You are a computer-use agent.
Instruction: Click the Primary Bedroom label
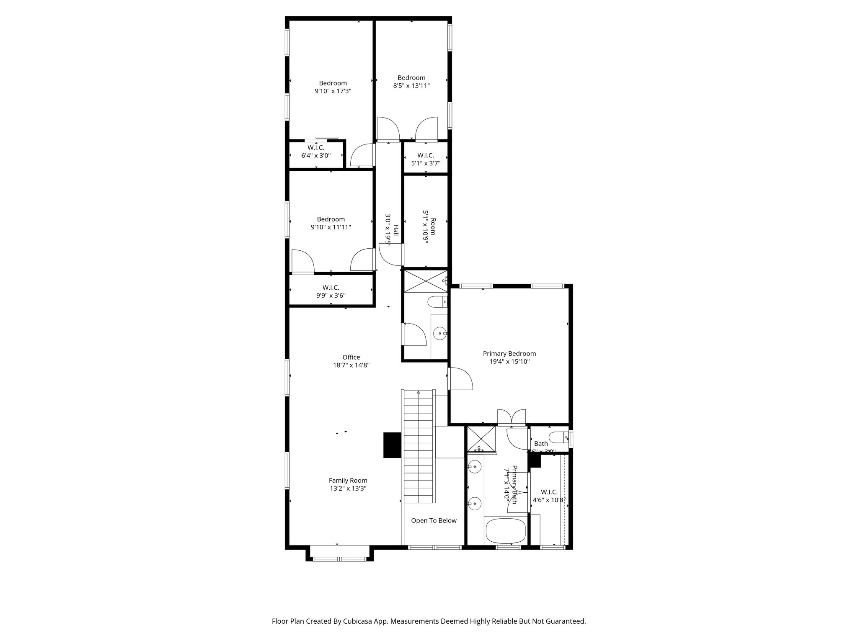[509, 354]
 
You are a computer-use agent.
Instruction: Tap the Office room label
[351, 357]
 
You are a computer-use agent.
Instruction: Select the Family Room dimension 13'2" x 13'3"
[348, 488]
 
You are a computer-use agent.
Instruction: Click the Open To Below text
[434, 521]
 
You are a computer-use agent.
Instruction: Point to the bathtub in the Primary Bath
[505, 531]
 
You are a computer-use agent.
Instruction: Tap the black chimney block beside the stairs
[393, 445]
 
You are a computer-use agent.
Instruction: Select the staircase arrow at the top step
[418, 393]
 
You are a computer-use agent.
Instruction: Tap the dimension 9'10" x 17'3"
[333, 91]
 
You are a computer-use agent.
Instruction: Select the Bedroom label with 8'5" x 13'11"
[411, 78]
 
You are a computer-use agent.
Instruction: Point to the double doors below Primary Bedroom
[511, 417]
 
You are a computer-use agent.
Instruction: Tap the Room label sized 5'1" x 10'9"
[433, 226]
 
